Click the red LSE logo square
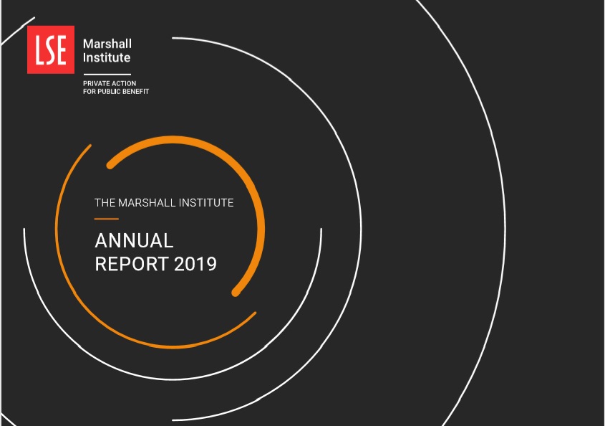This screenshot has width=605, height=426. (x=51, y=49)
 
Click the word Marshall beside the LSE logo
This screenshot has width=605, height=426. (x=107, y=44)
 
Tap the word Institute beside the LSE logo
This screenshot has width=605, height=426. (x=107, y=57)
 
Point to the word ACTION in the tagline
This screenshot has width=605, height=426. (x=125, y=83)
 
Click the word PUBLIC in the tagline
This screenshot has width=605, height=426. (x=109, y=92)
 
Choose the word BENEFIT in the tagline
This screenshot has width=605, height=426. (x=136, y=92)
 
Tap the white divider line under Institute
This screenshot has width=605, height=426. (x=107, y=74)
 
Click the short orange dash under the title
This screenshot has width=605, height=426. (x=107, y=219)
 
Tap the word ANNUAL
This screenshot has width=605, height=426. (x=134, y=240)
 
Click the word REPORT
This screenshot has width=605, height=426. (x=132, y=264)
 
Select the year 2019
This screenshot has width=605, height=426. (x=195, y=264)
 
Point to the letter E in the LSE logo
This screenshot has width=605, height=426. (x=62, y=50)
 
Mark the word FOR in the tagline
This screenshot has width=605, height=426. (x=89, y=92)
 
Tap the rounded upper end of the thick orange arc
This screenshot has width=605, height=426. (x=110, y=166)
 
